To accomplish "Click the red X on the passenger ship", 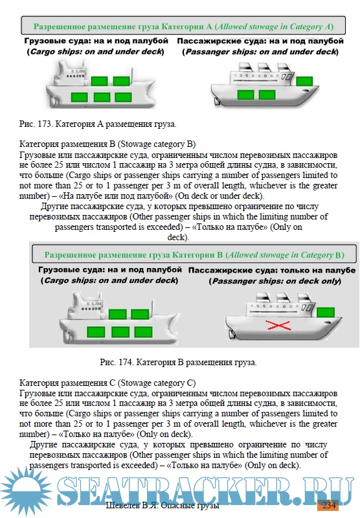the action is coord(278,326).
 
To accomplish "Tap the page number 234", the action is coord(329,505).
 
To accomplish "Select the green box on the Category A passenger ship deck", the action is coord(304,81).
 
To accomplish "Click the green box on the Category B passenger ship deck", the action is coord(325,312).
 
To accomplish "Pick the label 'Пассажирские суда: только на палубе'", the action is coord(272,270).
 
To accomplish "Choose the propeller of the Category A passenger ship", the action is coord(217,101).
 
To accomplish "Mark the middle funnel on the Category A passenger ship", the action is coord(264,67).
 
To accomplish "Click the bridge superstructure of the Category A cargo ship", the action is coord(72,74).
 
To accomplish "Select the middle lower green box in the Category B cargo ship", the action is coord(120,332).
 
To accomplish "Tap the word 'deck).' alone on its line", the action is coord(178,237).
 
